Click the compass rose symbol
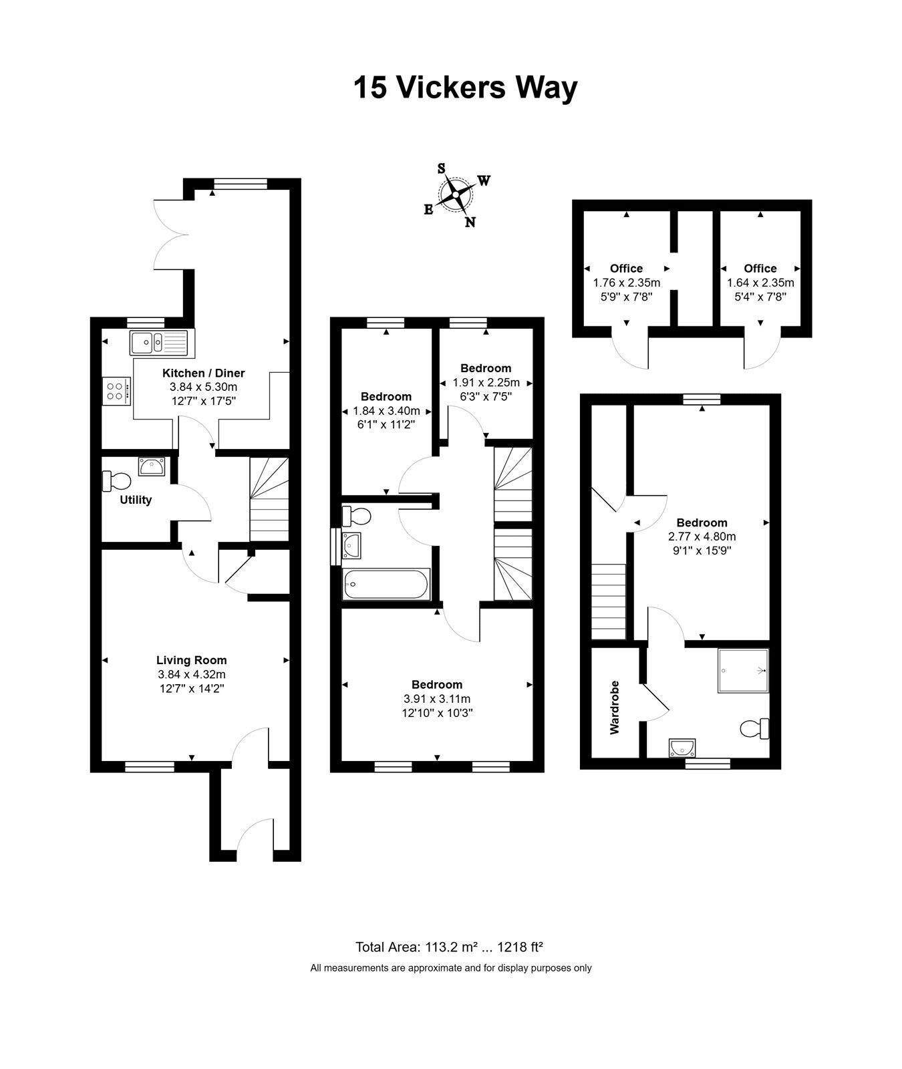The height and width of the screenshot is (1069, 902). pos(456,196)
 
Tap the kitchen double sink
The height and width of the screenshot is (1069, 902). pos(160,343)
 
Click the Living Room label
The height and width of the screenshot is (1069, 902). pos(192,660)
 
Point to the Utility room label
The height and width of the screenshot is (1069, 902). pos(136,500)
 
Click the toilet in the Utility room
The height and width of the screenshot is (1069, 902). pos(116,480)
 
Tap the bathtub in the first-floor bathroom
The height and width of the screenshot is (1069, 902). pos(386,584)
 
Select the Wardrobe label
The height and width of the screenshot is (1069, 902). pos(615,708)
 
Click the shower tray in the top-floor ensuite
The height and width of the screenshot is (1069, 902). pos(743,670)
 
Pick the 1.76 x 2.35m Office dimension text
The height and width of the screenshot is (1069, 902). pos(626,283)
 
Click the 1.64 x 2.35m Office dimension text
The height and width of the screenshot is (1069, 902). pos(760,283)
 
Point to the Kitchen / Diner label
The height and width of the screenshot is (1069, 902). pos(204,373)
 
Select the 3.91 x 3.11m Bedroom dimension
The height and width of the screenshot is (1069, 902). pos(437,699)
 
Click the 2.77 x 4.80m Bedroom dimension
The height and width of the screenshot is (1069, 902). pos(702,536)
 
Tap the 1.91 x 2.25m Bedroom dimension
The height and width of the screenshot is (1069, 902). pos(486,383)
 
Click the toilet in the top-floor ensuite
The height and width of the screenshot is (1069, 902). pos(755,728)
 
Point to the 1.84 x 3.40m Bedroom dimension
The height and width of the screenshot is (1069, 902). pos(386,411)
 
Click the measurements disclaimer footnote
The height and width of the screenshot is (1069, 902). pos(451,967)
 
